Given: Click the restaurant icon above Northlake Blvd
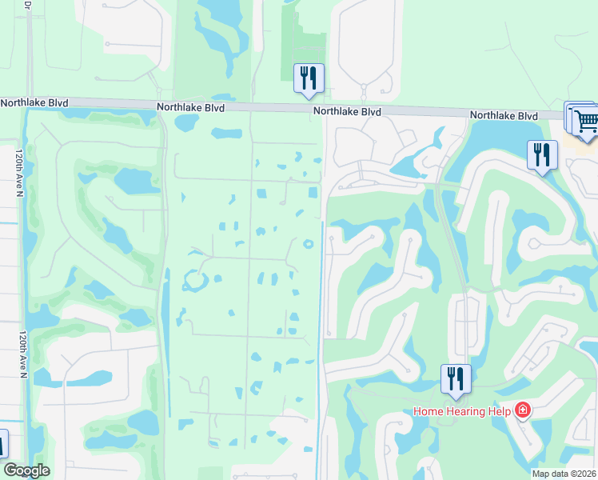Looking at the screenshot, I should pos(309,78).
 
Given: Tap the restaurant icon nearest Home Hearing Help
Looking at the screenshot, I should pos(456,379).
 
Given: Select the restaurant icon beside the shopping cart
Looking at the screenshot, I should pos(542,154).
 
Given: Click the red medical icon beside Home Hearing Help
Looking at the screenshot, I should pos(523,411).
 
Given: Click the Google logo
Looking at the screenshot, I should pos(26,470).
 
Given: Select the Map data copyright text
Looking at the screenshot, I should pos(563,474).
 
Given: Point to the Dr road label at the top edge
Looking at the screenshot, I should pos(28,5).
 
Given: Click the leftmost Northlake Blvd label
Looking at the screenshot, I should pos(34,103).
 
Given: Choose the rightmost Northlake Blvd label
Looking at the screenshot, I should pos(504,115).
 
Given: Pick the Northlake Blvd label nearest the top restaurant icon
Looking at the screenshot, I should pos(347,112).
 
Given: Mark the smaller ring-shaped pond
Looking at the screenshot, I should pos(308,244).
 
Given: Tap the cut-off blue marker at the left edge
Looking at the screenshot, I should pos(3,444).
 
